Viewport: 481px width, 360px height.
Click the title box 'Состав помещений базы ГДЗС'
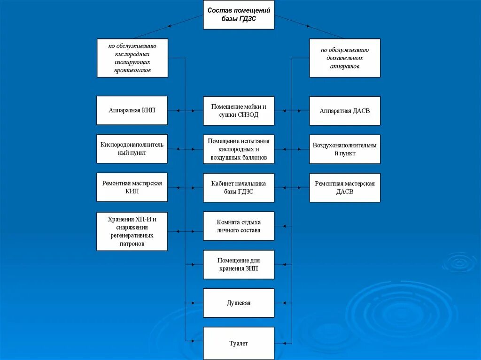(x=239, y=15)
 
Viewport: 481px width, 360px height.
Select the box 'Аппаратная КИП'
(x=132, y=111)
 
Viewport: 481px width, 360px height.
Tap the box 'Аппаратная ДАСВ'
(x=345, y=111)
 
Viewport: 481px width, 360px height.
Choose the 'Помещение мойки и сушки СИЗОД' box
(x=239, y=111)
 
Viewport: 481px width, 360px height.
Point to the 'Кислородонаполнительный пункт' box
(x=132, y=149)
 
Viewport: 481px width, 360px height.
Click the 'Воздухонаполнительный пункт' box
(x=345, y=149)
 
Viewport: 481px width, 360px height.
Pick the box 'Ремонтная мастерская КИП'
(x=132, y=188)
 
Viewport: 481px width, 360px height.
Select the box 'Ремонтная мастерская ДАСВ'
(x=345, y=188)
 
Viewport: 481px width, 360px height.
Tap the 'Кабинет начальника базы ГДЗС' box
(x=239, y=188)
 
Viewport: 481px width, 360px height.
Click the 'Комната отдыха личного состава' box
(x=239, y=226)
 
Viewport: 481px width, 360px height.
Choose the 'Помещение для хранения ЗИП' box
(x=239, y=265)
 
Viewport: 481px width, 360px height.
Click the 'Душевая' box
(x=239, y=303)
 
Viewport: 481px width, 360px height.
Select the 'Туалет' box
(x=239, y=344)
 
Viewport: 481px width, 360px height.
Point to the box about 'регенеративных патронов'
(x=132, y=231)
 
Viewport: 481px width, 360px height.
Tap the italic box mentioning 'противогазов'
(x=132, y=58)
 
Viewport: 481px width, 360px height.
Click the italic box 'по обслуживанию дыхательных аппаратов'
(x=345, y=58)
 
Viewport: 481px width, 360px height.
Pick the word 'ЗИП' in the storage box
(x=252, y=269)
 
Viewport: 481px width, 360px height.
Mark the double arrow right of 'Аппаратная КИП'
(x=185, y=111)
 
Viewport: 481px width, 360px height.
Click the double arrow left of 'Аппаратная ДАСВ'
(x=292, y=111)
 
